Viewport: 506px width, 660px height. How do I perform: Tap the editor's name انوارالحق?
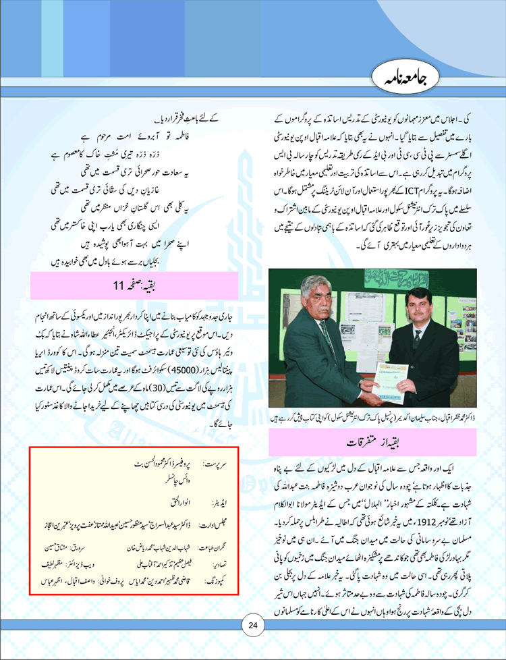[166, 501]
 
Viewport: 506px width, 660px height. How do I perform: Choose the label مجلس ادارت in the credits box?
[206, 522]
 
